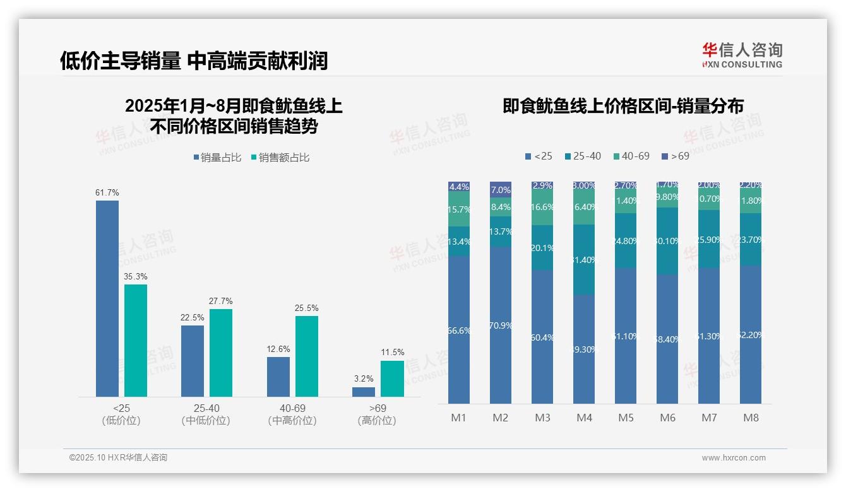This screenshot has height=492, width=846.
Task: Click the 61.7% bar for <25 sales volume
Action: point(107,298)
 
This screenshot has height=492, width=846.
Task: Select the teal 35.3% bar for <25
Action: point(136,341)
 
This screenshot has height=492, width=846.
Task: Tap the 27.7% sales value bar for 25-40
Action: point(221,353)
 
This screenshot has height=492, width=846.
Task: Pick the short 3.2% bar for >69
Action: point(364,392)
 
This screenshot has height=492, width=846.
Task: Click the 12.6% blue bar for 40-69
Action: point(278,377)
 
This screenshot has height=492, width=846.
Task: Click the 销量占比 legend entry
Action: point(217,158)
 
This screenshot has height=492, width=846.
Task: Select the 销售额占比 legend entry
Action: point(280,158)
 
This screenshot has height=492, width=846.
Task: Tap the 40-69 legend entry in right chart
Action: point(631,156)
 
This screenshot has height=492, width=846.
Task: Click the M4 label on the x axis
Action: point(584,418)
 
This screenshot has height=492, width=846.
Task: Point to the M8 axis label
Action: point(751,418)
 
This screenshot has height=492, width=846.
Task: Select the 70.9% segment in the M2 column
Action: point(501,325)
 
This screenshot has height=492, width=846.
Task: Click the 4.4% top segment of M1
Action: point(459,187)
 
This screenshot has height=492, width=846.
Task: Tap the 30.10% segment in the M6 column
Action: point(667,241)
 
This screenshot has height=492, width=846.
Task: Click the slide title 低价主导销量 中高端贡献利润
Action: point(194,61)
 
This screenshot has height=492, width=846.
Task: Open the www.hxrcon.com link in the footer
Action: point(734,458)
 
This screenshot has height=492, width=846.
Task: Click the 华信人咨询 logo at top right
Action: point(742,55)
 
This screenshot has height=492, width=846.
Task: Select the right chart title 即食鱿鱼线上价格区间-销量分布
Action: point(623,106)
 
